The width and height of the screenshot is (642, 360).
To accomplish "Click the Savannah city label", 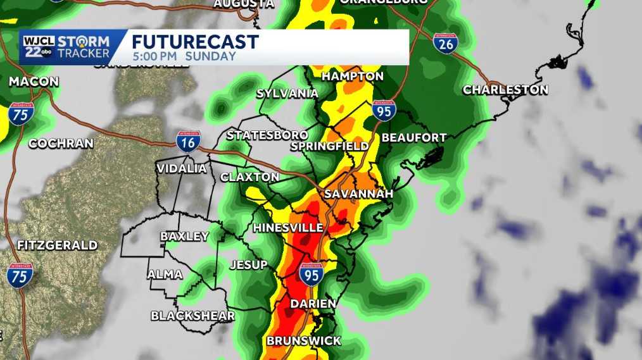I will pyautogui.click(x=359, y=194).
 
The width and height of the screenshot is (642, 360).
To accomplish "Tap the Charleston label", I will pyautogui.click(x=505, y=90).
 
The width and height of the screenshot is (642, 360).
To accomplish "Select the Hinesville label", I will pyautogui.click(x=288, y=228).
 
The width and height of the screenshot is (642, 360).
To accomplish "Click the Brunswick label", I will pyautogui.click(x=303, y=341).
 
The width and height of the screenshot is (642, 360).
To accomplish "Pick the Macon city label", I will pyautogui.click(x=34, y=82).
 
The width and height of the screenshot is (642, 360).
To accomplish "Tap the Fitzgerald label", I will pyautogui.click(x=58, y=245).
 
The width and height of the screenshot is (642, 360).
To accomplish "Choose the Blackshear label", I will pyautogui.click(x=192, y=316).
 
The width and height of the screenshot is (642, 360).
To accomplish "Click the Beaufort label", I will pyautogui.click(x=414, y=138).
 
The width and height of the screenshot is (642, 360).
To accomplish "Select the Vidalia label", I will pyautogui.click(x=182, y=169).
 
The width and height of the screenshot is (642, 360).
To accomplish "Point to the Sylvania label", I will pyautogui.click(x=287, y=94).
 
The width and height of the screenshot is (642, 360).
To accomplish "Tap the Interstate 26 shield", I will pyautogui.click(x=446, y=43).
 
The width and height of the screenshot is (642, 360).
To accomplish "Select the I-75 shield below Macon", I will pyautogui.click(x=20, y=115).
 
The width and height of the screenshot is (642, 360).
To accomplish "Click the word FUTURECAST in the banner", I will pyautogui.click(x=195, y=42).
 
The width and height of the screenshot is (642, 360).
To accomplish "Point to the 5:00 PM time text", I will pyautogui.click(x=156, y=56).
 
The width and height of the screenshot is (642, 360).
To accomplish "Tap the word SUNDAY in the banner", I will pyautogui.click(x=211, y=56).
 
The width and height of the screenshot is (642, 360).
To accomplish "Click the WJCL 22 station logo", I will pyautogui.click(x=39, y=47).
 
